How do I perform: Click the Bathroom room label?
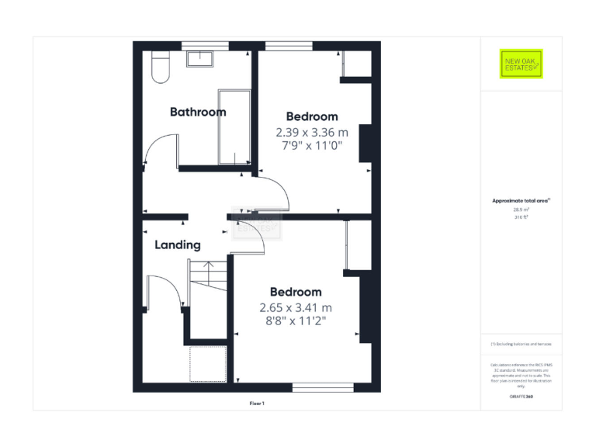[x=198, y=112]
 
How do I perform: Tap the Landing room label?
[x=178, y=245]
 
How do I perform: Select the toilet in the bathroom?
[x=160, y=68]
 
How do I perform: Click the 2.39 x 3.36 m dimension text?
[x=312, y=132]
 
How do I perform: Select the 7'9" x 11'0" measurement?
[x=312, y=145]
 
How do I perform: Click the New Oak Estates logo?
[x=521, y=64]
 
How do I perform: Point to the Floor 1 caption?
[x=257, y=404]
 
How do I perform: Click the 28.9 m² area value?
[x=521, y=210]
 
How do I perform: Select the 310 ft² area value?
[x=521, y=217]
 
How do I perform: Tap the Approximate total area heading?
[x=521, y=201]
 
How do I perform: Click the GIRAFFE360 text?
[x=521, y=397]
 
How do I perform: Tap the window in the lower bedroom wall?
[x=323, y=385]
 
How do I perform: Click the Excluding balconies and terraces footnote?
[x=521, y=344]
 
